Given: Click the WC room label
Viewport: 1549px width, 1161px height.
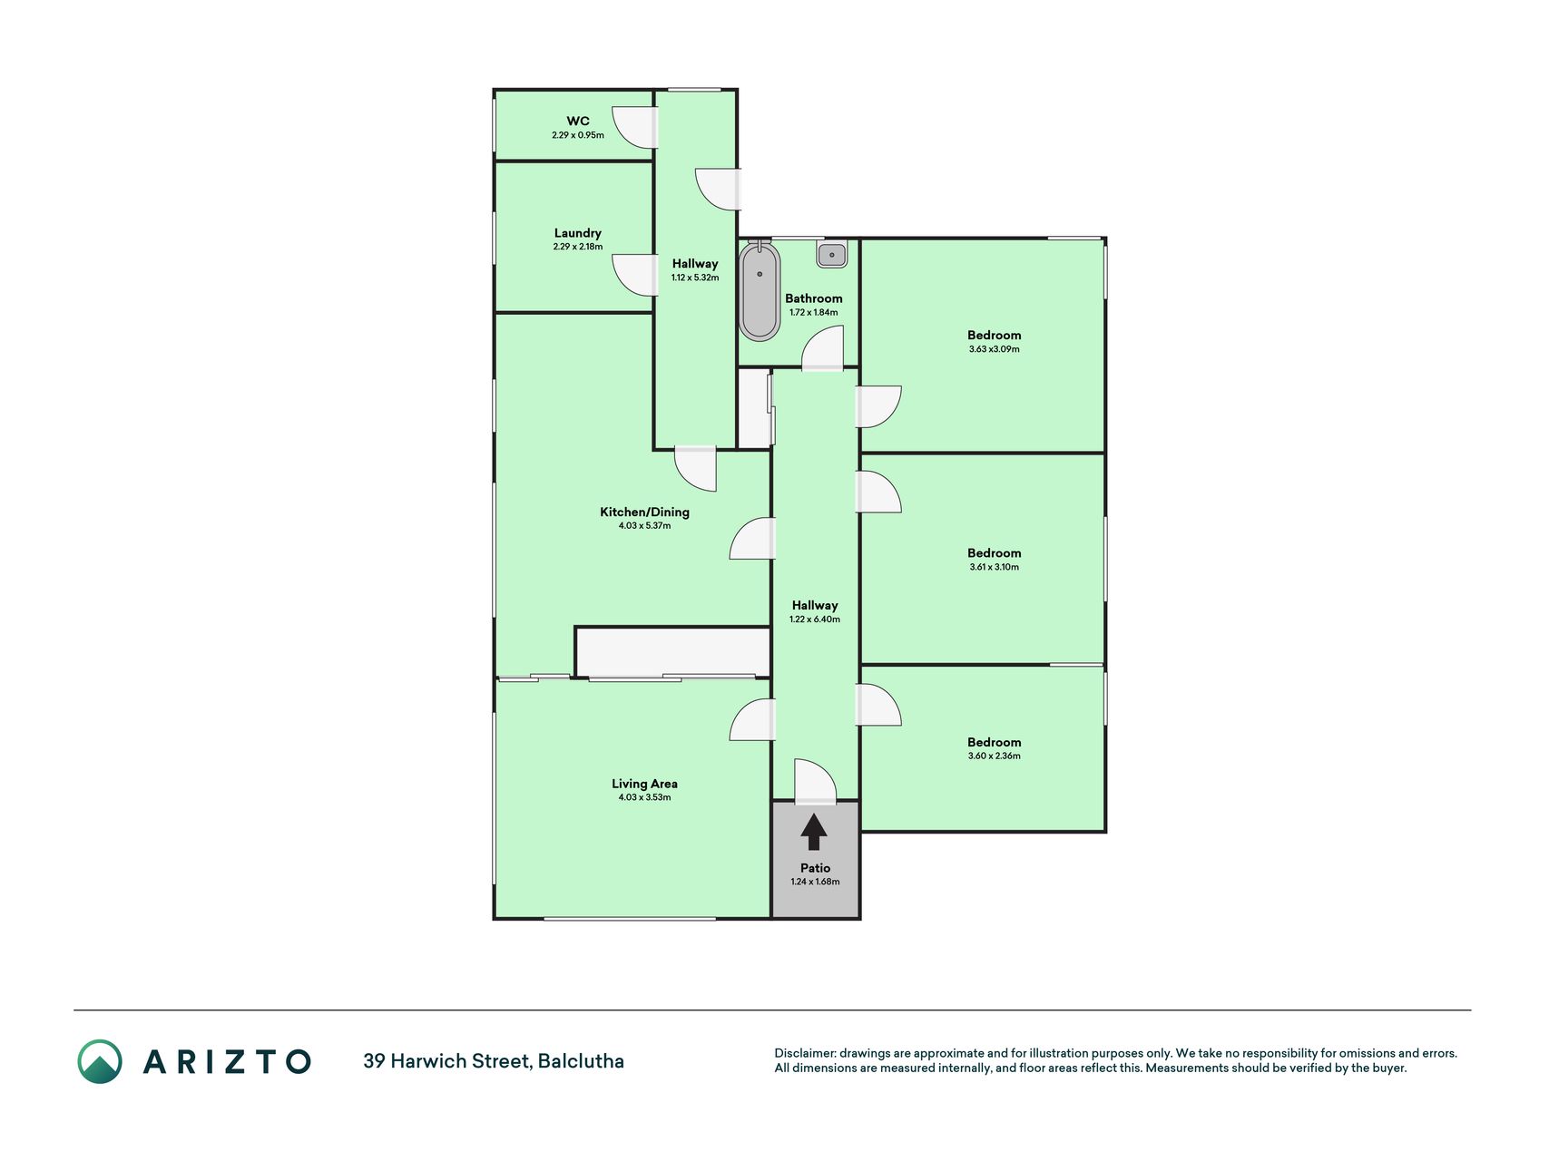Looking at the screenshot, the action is pos(578,121).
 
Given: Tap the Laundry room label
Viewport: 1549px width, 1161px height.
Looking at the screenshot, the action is pos(578,233).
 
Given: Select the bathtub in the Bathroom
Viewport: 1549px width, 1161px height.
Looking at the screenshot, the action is pos(760,290).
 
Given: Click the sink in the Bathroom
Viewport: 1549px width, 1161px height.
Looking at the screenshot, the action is pos(832,255).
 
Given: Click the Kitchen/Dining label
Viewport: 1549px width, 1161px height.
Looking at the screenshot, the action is pos(644,512).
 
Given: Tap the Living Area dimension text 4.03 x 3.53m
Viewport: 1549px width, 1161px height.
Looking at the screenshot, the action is pos(644,797).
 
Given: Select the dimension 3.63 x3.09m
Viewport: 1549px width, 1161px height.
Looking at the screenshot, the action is pos(995,349).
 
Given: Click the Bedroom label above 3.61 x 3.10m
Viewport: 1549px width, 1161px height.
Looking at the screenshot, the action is pos(995,553).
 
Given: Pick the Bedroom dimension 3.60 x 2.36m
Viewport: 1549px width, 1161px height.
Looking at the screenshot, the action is pos(995,756).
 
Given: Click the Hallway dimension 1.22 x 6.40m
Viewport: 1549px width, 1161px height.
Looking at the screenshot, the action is pos(815,620).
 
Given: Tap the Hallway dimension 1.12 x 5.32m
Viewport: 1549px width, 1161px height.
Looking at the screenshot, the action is pos(695,278).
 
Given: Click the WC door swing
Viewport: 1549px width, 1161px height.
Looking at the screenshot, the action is pos(634,128).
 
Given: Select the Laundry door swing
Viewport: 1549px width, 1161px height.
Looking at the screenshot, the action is pos(634,275).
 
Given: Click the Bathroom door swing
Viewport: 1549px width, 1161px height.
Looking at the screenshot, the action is pos(822,348).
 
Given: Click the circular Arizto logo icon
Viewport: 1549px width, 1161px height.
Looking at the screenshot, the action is pos(100,1061).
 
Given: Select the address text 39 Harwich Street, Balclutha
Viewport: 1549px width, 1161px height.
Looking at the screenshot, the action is pos(494,1061).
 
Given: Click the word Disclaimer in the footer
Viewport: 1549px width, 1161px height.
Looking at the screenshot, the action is pos(804,1053).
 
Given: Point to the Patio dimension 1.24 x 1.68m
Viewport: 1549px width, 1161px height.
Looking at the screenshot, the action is pos(815,882).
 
